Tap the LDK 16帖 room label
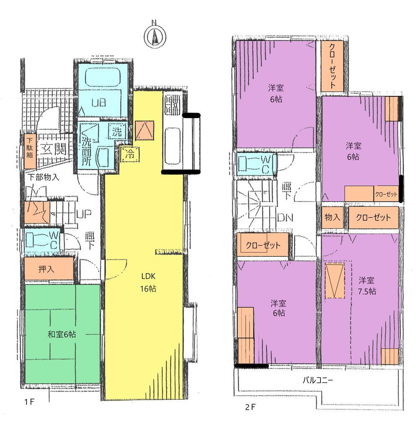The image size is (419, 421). (148, 282)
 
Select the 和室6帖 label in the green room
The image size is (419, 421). (62, 334)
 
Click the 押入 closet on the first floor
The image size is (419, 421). (49, 269)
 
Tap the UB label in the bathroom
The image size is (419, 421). (99, 103)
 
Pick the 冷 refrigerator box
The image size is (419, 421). (130, 155)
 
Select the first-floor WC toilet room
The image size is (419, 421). (43, 241)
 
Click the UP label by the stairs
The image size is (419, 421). (84, 214)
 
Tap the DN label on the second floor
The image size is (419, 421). (285, 218)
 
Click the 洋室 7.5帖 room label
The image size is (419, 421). (367, 286)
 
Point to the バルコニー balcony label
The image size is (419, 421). (318, 380)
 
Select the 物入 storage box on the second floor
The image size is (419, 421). (333, 217)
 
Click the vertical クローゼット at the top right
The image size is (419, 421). (333, 66)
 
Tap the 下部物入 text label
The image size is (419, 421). (44, 177)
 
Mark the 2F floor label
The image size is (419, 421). (250, 407)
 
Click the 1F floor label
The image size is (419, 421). (29, 402)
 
